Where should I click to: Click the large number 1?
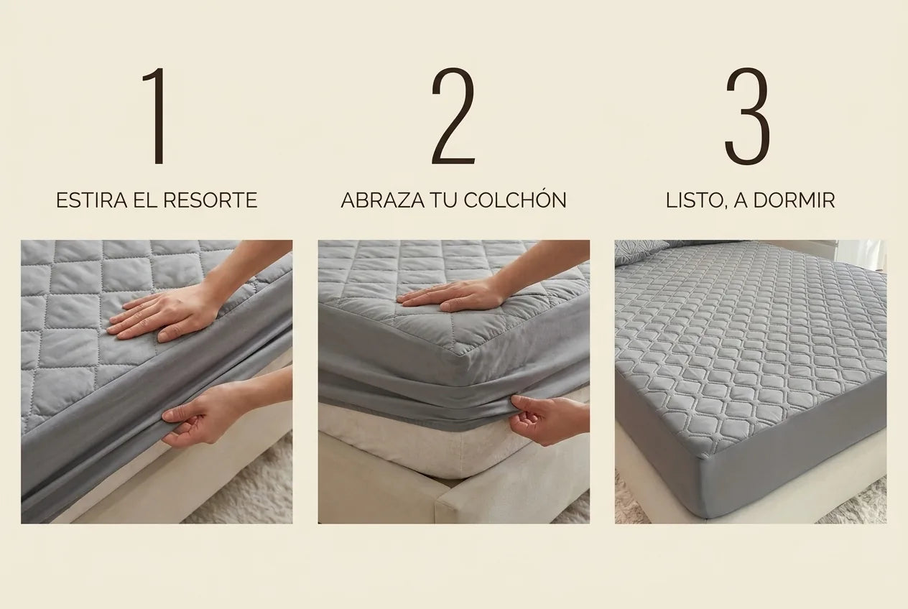coord(157,116)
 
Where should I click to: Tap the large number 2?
coord(453,116)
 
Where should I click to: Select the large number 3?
coord(747,116)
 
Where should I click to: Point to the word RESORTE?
coord(210,200)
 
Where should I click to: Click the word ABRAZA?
coord(383,200)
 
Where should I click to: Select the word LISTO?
coord(692,201)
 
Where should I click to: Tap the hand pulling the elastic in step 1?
coord(203,413)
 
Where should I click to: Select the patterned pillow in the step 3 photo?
coord(639,251)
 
